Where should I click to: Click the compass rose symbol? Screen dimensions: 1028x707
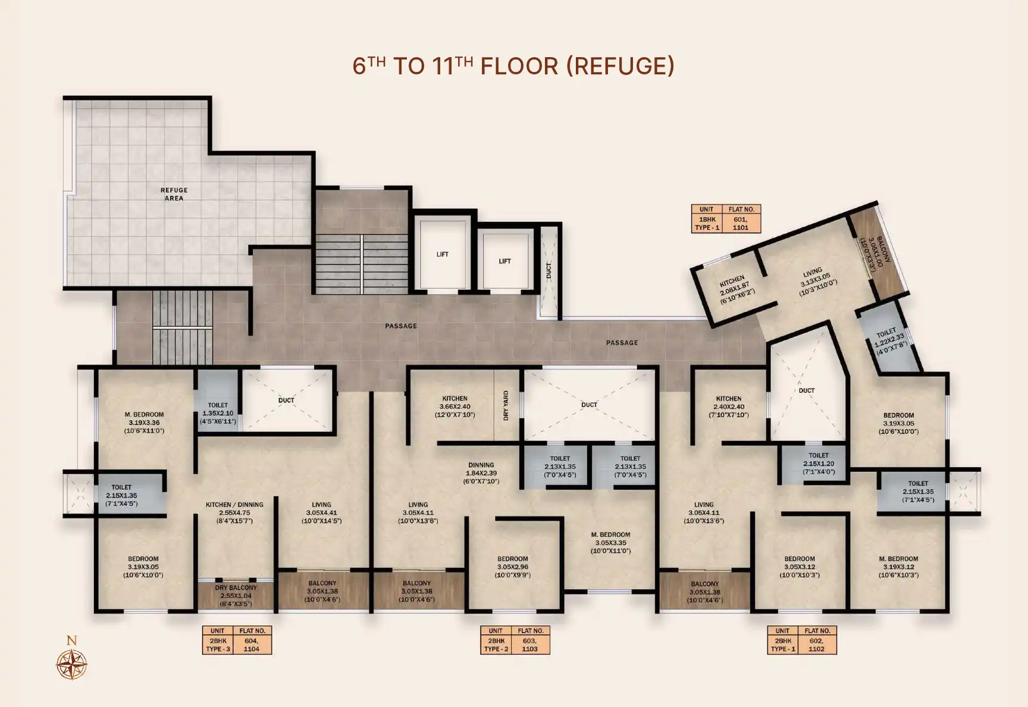pos(71,664)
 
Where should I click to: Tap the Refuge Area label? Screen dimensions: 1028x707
pos(174,194)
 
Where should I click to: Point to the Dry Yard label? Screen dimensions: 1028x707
pos(506,406)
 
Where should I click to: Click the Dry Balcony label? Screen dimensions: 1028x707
pos(236,596)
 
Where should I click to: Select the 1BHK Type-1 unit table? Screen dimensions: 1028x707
pos(726,218)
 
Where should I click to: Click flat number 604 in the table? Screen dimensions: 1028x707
pos(252,641)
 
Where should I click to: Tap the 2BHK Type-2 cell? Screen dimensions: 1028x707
pos(496,645)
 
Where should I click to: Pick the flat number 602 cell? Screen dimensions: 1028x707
pos(816,641)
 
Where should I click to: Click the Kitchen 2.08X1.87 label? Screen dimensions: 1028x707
pos(735,289)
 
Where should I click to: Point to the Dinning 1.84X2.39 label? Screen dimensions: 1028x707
pos(481,473)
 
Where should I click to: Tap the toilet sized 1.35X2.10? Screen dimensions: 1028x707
pos(218,413)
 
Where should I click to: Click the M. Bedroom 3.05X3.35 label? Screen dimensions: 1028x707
pos(610,543)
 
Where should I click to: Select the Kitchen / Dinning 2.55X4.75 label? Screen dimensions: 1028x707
pos(234,512)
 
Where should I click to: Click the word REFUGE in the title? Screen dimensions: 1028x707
pos(620,65)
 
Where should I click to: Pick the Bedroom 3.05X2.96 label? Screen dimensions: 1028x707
pos(513,567)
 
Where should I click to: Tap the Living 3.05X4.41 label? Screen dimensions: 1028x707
pos(321,512)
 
